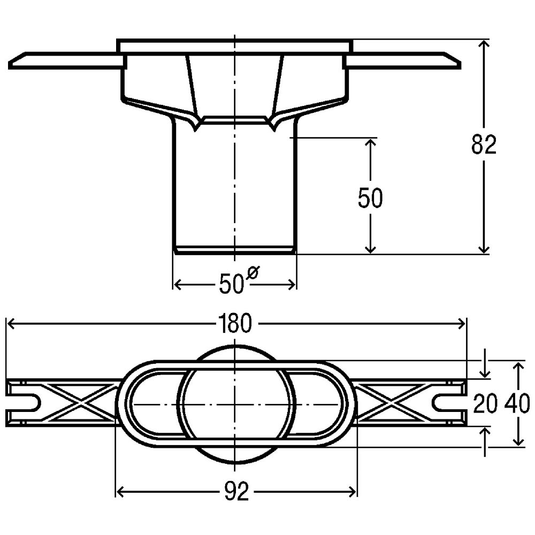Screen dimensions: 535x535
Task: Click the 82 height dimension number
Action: pos(484,144)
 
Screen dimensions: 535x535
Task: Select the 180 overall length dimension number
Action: pos(235,324)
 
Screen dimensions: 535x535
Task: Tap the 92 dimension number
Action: pos(236,492)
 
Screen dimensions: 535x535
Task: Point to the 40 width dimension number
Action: pos(517,403)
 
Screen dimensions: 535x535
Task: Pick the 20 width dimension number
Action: pos(485,403)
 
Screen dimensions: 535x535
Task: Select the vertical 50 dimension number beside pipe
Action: pos(370,197)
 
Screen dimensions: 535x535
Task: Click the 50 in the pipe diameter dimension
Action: pos(231,284)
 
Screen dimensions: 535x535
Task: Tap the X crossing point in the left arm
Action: pos(79,403)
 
